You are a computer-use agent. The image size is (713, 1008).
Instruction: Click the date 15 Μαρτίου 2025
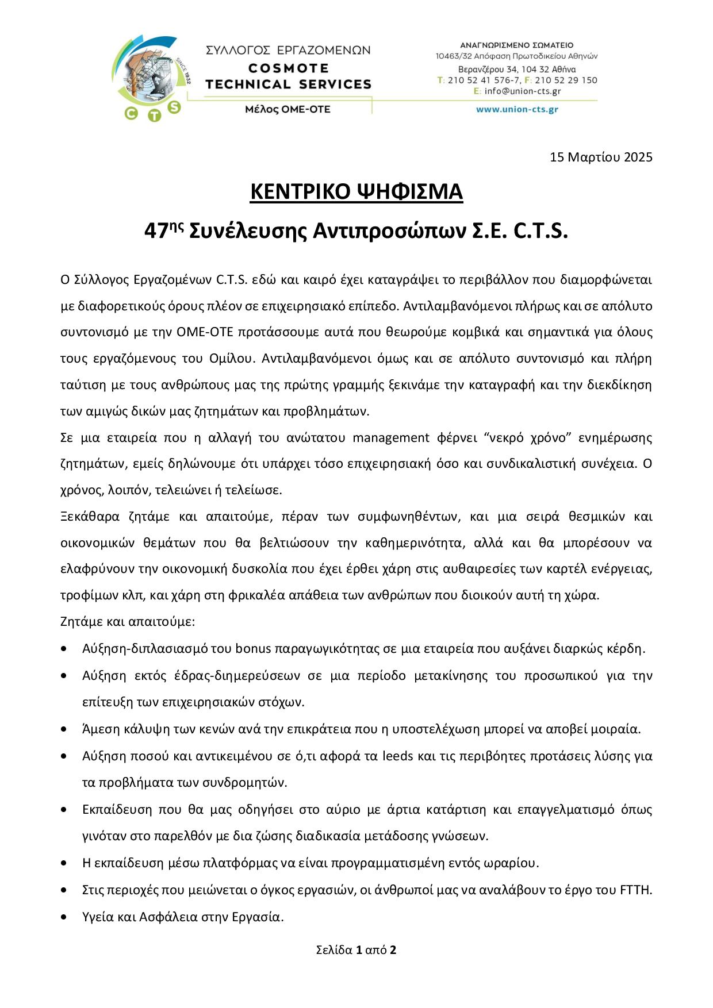tap(601, 157)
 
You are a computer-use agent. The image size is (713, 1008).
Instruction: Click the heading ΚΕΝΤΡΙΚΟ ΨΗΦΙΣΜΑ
tap(356, 192)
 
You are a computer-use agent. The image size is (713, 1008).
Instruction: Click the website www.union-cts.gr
tap(517, 109)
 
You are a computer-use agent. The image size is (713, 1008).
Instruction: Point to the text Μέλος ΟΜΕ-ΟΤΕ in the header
tap(287, 109)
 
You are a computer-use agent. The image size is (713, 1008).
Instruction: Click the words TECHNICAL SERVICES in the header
tap(288, 84)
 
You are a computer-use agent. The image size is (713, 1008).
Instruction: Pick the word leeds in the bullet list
tap(397, 756)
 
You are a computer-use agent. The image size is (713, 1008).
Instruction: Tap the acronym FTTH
tap(636, 890)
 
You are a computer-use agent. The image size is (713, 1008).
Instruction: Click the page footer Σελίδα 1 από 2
tap(356, 949)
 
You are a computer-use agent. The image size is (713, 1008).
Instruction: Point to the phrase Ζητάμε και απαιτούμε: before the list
tap(128, 622)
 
